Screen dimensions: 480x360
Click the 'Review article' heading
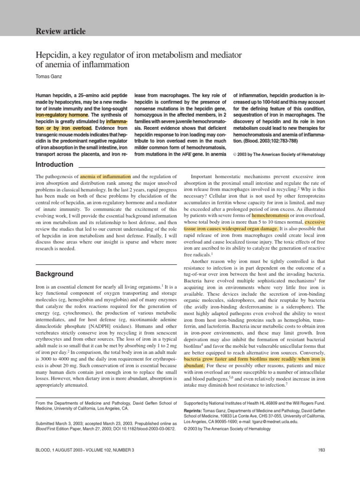pyautogui.click(x=60, y=31)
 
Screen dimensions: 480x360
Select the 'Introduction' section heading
pyautogui.click(x=54, y=165)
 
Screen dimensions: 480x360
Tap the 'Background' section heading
pyautogui.click(x=54, y=273)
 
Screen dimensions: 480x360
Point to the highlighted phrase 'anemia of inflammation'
pyautogui.click(x=105, y=176)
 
